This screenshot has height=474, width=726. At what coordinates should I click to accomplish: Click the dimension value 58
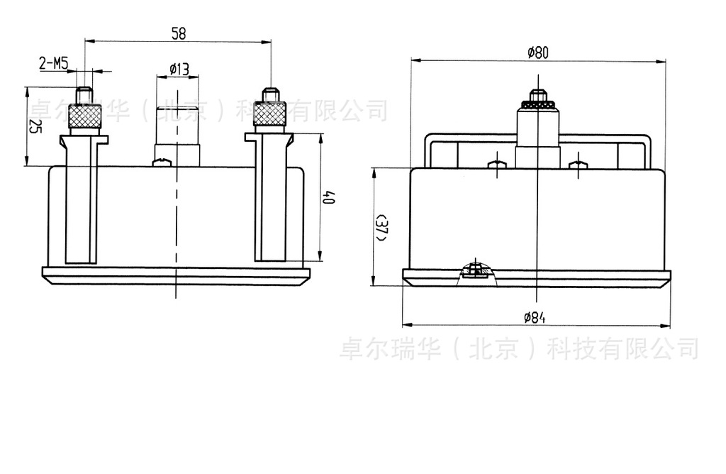click(179, 33)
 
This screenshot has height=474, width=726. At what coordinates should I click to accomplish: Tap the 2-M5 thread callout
click(54, 65)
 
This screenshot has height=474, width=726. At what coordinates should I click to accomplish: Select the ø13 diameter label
click(179, 69)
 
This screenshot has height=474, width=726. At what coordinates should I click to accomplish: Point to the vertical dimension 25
click(33, 126)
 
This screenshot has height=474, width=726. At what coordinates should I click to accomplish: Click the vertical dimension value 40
click(328, 198)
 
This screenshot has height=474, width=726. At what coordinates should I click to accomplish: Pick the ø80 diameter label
click(538, 52)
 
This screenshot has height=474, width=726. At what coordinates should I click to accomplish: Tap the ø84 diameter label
click(535, 318)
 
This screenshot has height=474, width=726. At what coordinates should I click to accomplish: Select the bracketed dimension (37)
click(382, 227)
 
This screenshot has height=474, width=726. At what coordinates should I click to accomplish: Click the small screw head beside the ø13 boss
click(162, 162)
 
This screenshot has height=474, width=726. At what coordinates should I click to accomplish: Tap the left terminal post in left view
click(80, 199)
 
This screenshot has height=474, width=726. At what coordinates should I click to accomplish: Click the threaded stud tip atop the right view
click(538, 94)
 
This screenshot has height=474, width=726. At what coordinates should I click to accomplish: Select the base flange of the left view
click(176, 275)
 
